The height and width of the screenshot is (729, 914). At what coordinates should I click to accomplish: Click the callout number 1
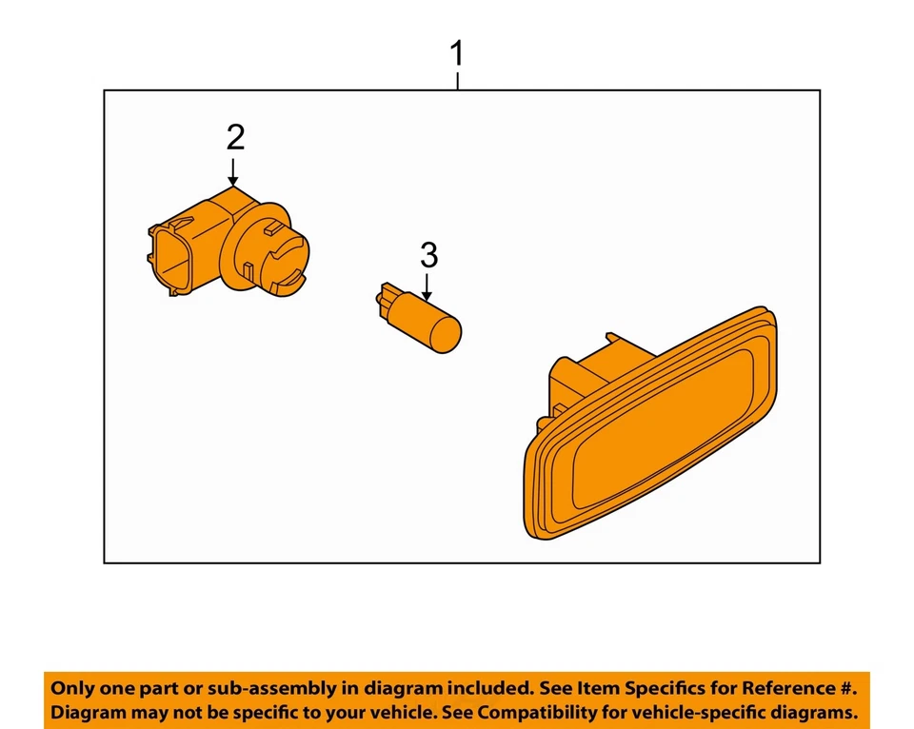pyautogui.click(x=458, y=53)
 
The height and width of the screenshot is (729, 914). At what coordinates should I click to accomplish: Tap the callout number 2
pyautogui.click(x=235, y=138)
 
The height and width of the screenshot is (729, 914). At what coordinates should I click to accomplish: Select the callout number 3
pyautogui.click(x=428, y=255)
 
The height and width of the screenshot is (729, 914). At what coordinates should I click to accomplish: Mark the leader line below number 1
pyautogui.click(x=458, y=81)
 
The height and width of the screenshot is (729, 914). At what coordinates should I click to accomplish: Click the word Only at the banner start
pyautogui.click(x=71, y=688)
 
